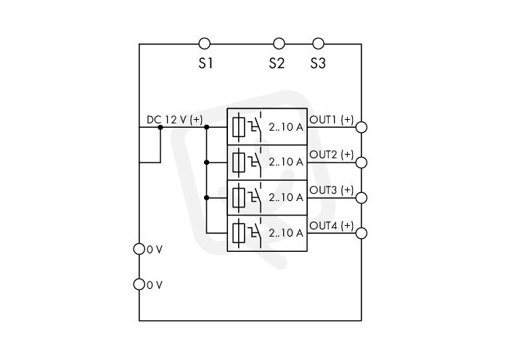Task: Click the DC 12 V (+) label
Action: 174,120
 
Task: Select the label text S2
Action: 277,63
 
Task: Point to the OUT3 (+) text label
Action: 332,190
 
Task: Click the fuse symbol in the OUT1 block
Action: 238,127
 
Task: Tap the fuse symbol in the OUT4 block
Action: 238,233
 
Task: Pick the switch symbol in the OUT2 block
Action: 255,160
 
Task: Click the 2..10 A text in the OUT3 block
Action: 286,197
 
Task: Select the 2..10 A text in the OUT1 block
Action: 286,127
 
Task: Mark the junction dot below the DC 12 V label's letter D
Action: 160,128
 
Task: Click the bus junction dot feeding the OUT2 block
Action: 206,163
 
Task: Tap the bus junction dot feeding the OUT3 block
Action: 206,197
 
